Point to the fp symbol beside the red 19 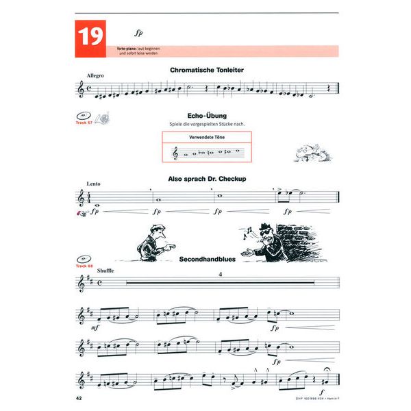pos(139,32)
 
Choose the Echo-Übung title pos(206,116)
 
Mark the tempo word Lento pos(94,185)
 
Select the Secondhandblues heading pos(206,261)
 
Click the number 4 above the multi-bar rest pos(221,274)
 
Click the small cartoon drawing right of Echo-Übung pos(305,153)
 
